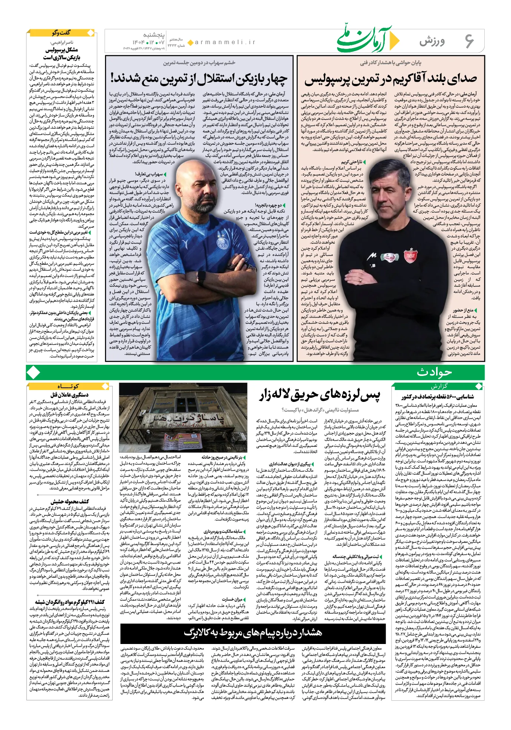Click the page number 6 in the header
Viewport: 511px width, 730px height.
coord(469,40)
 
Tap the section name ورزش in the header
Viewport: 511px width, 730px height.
coord(432,41)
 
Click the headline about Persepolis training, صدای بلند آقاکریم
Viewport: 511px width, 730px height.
coord(390,79)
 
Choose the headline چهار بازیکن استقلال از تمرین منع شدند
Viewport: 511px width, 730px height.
coord(199,79)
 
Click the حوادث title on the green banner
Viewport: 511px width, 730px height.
coord(434,372)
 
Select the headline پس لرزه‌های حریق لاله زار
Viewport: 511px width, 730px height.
coord(320,396)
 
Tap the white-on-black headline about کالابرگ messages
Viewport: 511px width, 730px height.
coord(253,632)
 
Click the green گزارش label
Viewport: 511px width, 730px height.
coord(439,386)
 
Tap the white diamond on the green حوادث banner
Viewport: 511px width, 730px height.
coord(34,372)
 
